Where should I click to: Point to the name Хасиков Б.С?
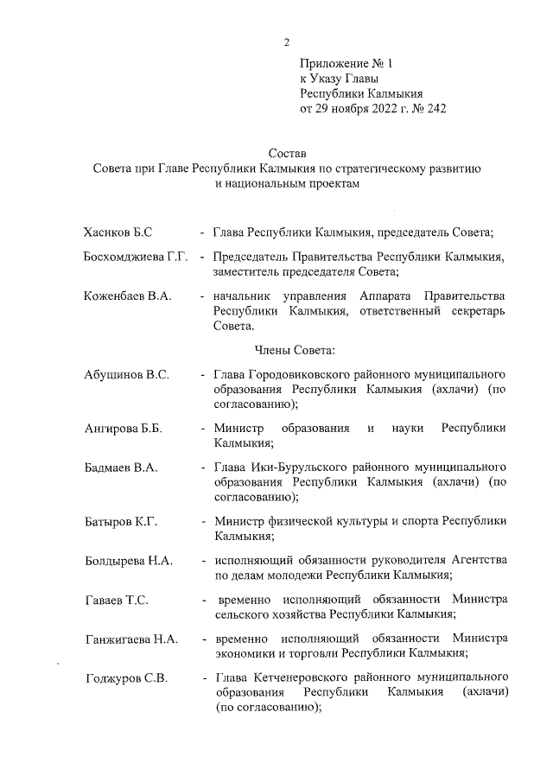(x=118, y=232)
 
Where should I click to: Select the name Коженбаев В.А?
(x=127, y=296)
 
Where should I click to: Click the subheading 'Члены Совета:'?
(x=300, y=350)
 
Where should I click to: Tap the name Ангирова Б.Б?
(x=124, y=429)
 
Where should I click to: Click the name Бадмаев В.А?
(x=120, y=467)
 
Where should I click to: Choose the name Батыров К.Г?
(x=120, y=521)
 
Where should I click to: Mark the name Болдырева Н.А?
(x=129, y=561)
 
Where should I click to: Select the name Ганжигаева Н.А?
(x=131, y=639)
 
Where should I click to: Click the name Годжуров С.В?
(x=125, y=677)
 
